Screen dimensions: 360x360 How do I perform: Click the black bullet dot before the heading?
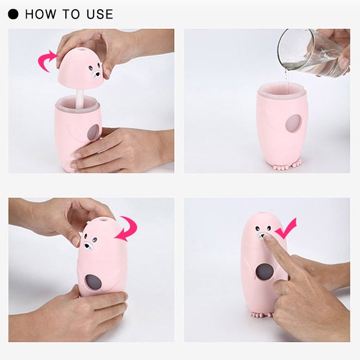[13, 14]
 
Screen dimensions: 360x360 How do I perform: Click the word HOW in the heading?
[41, 14]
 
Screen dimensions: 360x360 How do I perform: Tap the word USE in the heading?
[100, 14]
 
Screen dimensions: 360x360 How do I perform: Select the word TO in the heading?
[71, 14]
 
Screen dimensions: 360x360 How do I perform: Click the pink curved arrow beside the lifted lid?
[46, 61]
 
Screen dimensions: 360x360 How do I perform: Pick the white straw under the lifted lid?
[80, 98]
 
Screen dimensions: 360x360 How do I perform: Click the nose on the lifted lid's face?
[97, 74]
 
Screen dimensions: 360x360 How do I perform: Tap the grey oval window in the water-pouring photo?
[293, 123]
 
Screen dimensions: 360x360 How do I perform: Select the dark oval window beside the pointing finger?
[263, 272]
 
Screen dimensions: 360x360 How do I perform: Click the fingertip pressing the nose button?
[267, 237]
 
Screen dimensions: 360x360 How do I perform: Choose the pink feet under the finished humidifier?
[262, 314]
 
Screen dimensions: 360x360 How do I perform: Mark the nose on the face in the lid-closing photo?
[87, 246]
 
